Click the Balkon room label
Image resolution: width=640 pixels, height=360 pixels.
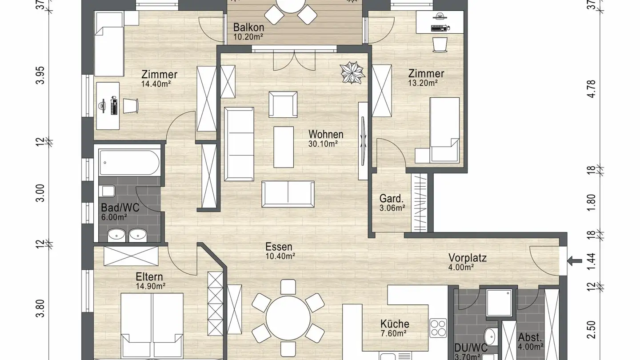(x=248, y=27)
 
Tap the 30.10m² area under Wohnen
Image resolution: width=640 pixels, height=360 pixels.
(x=323, y=144)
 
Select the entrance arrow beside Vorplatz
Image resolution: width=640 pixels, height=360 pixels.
(x=575, y=260)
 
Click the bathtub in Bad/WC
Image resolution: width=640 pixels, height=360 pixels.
(x=129, y=162)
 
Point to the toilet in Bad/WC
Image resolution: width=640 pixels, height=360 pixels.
(x=107, y=191)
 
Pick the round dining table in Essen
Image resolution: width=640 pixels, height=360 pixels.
(x=288, y=318)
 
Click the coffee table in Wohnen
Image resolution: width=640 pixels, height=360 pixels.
(x=284, y=147)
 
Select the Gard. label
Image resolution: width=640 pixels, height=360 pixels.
(x=392, y=198)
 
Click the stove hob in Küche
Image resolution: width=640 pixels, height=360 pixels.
(x=438, y=328)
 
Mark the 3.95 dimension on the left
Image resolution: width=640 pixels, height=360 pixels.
(x=40, y=75)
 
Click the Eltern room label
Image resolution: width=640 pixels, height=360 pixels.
(x=149, y=276)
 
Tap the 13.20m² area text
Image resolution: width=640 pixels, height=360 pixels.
(x=423, y=83)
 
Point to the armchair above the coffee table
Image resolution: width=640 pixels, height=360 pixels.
(x=283, y=104)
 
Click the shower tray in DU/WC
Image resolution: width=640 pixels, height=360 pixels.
(x=499, y=303)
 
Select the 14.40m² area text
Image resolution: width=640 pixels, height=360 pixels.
(x=156, y=84)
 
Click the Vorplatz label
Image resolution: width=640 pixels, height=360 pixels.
(x=468, y=258)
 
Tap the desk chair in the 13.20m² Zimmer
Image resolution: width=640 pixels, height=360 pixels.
(x=440, y=45)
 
